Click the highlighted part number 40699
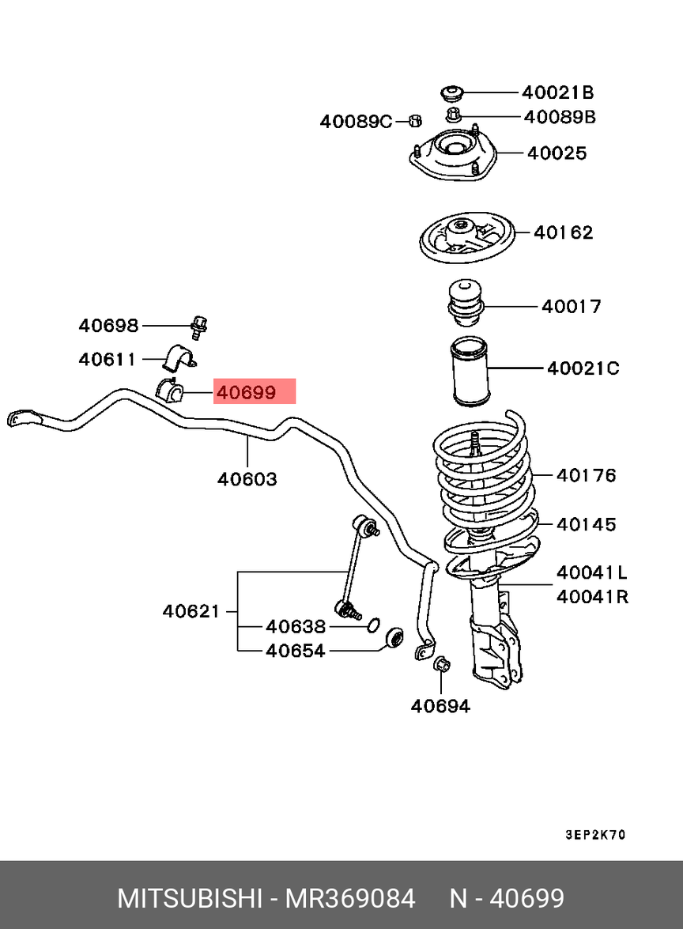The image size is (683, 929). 246,391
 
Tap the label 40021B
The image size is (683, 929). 557,93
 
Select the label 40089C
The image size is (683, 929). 356,122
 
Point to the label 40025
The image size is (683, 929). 557,153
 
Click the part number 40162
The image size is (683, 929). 563,232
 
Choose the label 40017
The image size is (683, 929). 572,306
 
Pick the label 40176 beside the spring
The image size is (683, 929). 586,475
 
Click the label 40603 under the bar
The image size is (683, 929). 247,478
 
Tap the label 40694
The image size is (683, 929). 440,706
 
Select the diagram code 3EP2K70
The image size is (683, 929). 595,835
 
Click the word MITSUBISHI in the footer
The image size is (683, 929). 190,899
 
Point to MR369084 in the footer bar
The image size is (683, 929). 350,899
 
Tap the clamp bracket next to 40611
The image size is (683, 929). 179,357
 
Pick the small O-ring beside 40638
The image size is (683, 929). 373,625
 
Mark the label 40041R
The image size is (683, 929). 592,596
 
